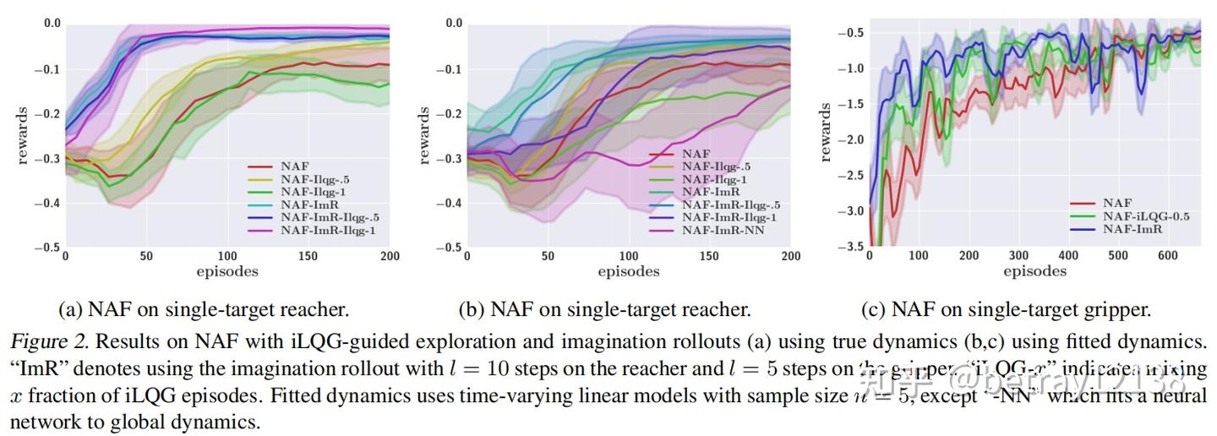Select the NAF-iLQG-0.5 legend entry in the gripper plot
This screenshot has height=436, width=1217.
tap(1145, 216)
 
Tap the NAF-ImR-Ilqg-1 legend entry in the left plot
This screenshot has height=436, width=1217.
tap(328, 231)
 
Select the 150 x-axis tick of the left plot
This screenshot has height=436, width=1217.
tap(309, 256)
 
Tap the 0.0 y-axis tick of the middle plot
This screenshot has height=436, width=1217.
tap(453, 24)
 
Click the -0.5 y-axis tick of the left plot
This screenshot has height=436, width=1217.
tap(49, 247)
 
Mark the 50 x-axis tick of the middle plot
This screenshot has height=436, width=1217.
tap(548, 256)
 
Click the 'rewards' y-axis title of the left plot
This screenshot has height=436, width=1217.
tap(22, 135)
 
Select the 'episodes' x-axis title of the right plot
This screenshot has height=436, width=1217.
tap(1034, 271)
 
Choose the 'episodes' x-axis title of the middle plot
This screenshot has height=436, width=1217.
tap(628, 271)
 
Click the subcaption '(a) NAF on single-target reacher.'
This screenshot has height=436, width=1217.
tap(204, 310)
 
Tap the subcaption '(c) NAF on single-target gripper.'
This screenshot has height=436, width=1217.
tap(1006, 310)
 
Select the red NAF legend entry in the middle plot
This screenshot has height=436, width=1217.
tap(696, 155)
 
